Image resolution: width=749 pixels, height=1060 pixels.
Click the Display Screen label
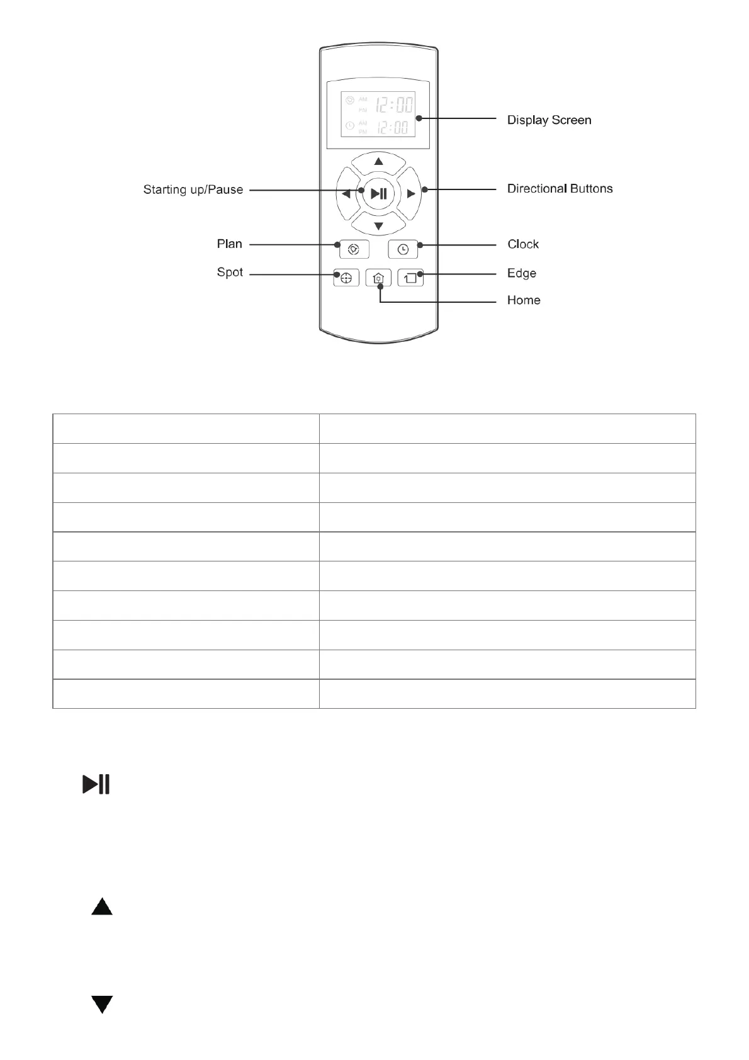click(x=549, y=120)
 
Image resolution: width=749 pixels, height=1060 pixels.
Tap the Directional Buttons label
click(x=560, y=188)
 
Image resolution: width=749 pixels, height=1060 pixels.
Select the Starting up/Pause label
click(x=193, y=189)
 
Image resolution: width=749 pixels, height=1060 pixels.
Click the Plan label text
click(x=229, y=244)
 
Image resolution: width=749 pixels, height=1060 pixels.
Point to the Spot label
click(x=230, y=272)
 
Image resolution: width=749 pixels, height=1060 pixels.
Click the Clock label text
click(x=523, y=244)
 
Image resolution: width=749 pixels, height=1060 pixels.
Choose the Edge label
click(x=521, y=273)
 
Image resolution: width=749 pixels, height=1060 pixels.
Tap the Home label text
click(x=523, y=300)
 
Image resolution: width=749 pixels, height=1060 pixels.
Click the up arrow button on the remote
click(x=378, y=162)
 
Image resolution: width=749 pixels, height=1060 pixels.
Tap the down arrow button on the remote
click(x=378, y=225)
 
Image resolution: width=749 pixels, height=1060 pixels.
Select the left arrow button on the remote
click(x=346, y=194)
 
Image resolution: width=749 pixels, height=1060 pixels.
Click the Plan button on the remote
click(x=354, y=249)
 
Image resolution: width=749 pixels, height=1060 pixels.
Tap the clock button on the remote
click(x=403, y=249)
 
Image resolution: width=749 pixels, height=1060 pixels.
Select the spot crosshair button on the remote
click(x=346, y=278)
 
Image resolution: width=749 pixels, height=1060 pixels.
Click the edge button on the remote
click(x=410, y=278)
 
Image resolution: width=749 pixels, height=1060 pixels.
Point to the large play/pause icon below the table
click(x=96, y=784)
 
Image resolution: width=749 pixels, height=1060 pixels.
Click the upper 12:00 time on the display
click(x=395, y=103)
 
